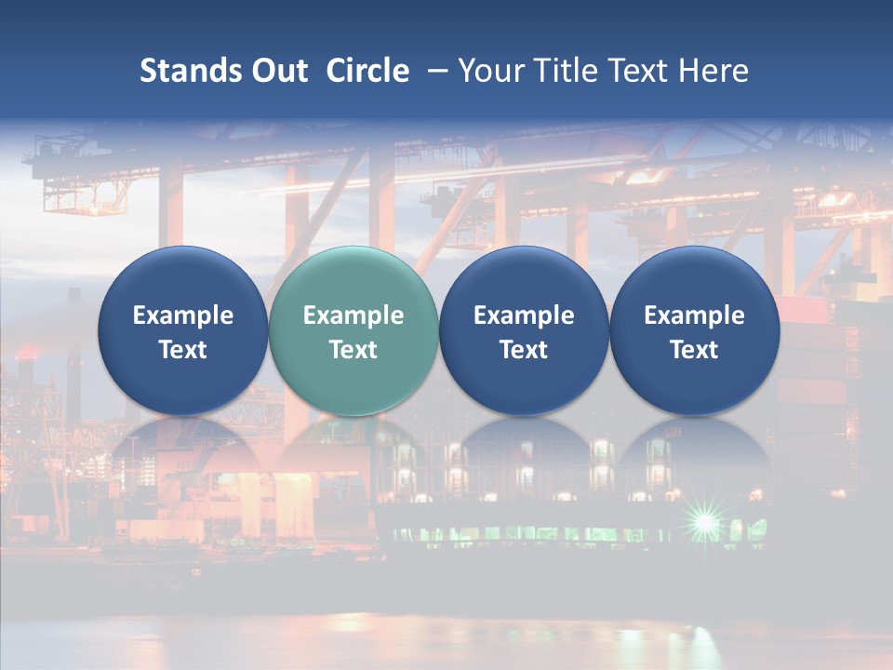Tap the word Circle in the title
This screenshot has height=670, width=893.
(367, 71)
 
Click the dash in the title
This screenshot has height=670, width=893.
(434, 71)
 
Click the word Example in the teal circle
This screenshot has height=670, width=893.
(353, 315)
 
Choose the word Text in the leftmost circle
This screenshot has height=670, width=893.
(182, 350)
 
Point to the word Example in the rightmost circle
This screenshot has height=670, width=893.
(694, 315)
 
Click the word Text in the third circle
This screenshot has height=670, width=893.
(524, 350)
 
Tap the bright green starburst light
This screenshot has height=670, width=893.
(706, 523)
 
